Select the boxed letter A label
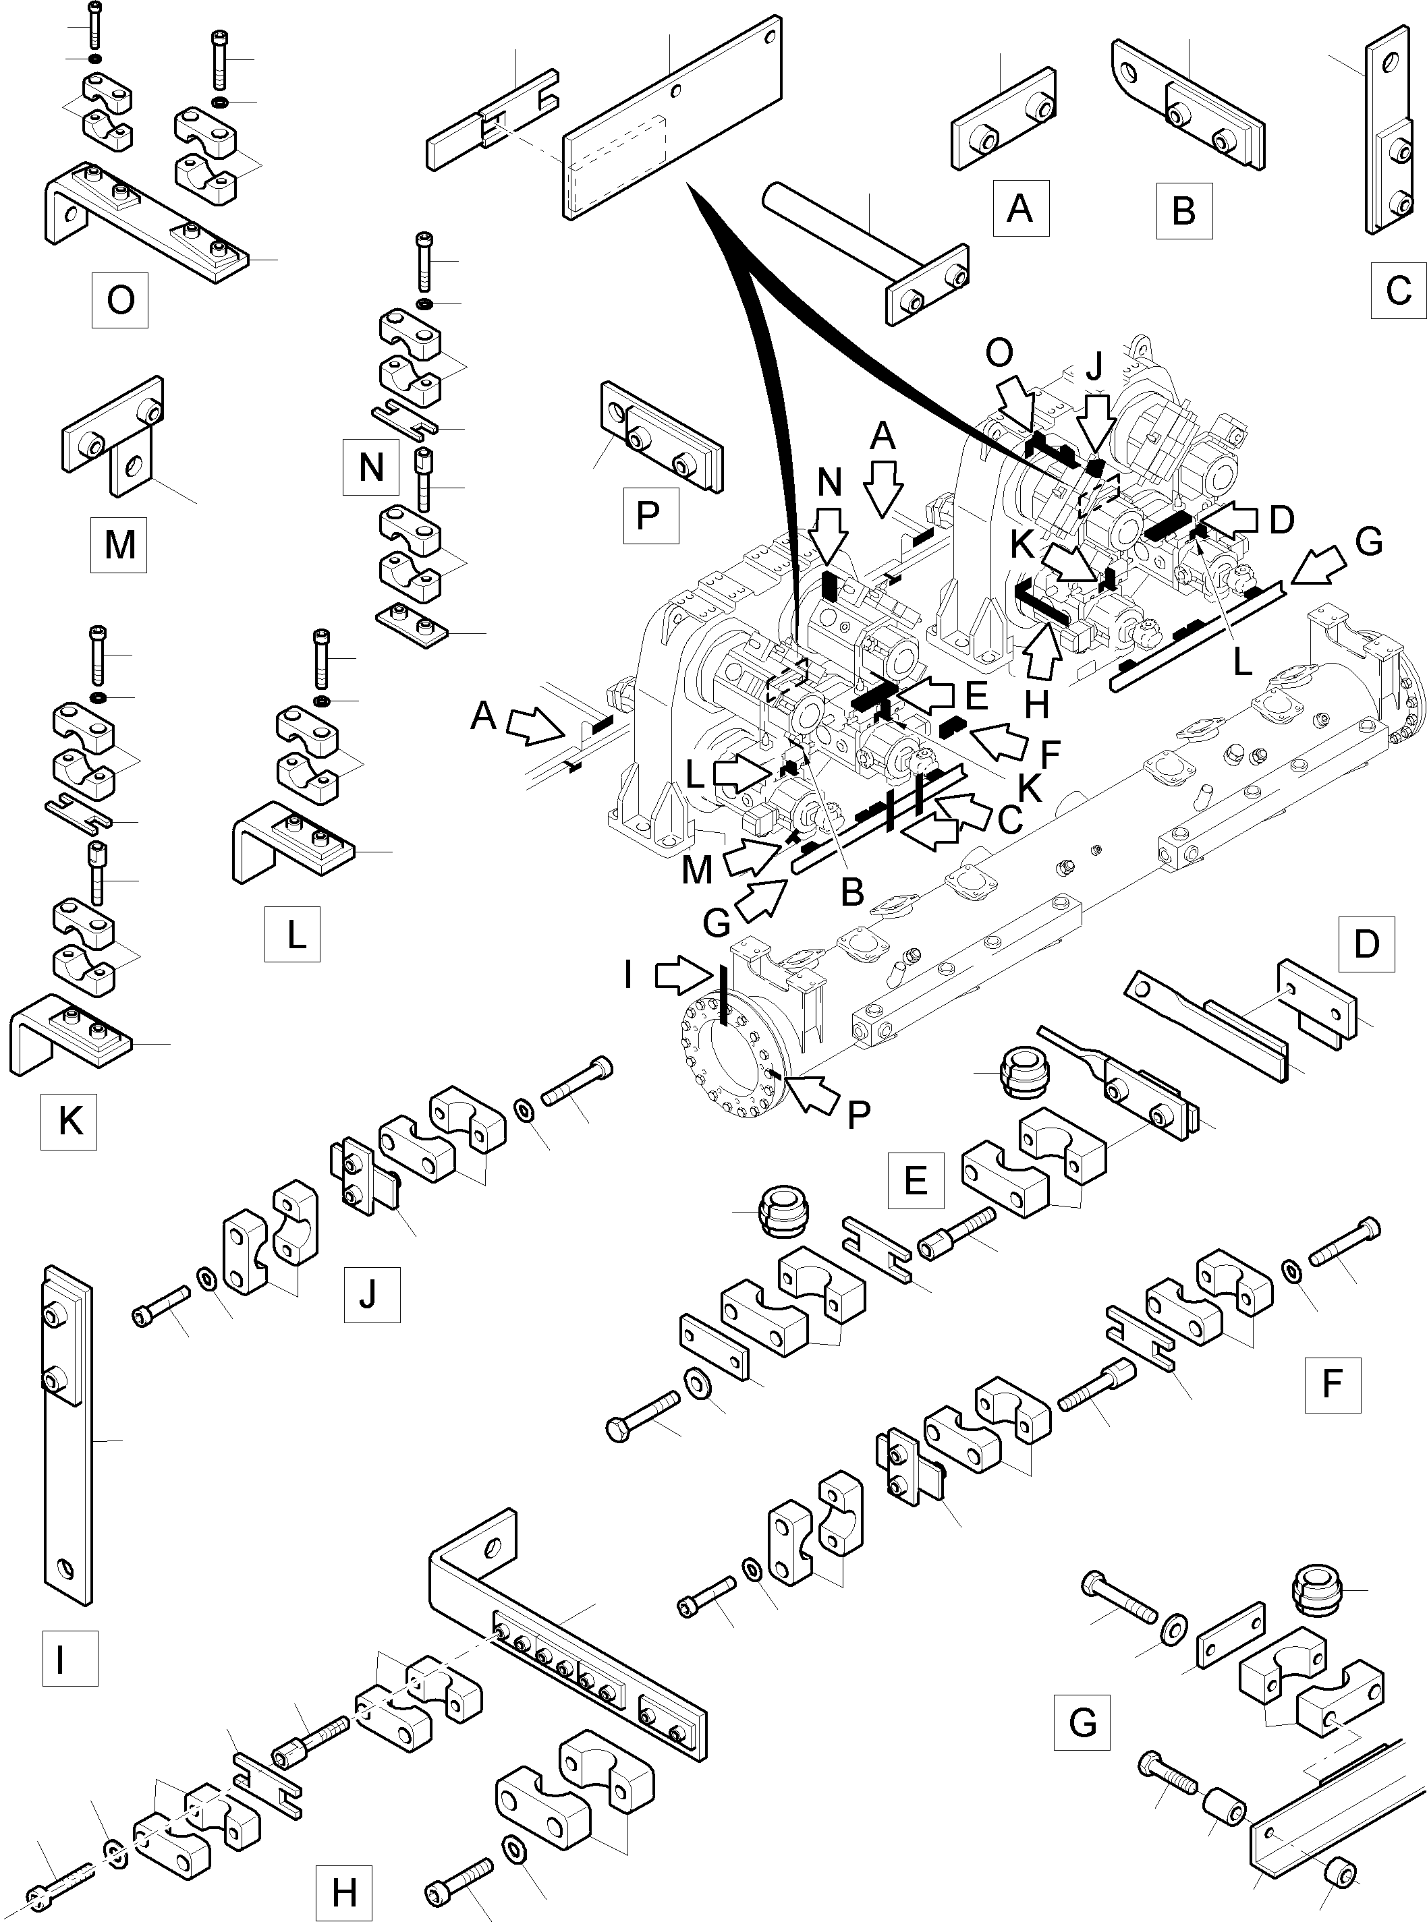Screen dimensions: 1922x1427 [1020, 208]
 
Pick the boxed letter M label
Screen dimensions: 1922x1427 [118, 544]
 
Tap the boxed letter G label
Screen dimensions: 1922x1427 [1082, 1722]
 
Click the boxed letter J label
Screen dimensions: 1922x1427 [372, 1294]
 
